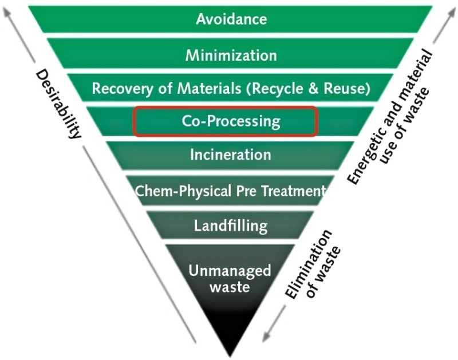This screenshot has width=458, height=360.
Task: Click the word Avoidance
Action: coord(231,19)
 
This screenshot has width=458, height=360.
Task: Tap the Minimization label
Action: coord(231,56)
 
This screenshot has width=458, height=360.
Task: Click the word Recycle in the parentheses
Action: coord(297,89)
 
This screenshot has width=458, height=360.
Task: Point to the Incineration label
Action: coord(231,155)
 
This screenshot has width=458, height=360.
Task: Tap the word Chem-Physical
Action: coord(176,191)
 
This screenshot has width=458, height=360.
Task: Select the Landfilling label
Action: coord(231,225)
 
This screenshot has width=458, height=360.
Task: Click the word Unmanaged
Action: coord(231,270)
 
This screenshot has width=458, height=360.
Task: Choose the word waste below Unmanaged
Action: coord(230,287)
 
